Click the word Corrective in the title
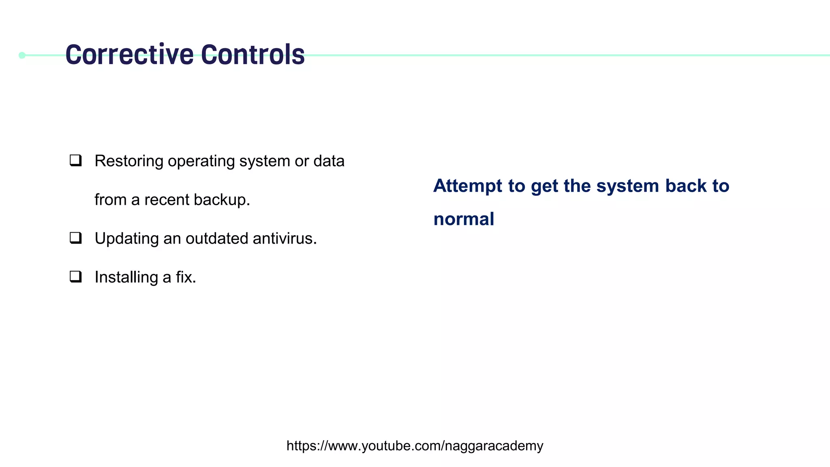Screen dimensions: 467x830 129,55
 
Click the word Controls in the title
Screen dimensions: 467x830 252,55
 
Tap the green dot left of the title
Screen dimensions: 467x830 22,55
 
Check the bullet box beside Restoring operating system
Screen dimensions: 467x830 76,161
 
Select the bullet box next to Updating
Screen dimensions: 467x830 76,238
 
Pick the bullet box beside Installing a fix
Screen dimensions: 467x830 76,277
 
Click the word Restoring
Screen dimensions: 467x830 129,161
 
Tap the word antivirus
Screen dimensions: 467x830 285,238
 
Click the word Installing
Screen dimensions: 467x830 126,277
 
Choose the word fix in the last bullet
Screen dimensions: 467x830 186,277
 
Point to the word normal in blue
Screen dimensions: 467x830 464,219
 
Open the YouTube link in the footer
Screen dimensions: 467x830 415,446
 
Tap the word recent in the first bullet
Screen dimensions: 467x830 167,200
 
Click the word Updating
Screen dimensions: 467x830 126,239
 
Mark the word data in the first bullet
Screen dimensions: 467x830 329,161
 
